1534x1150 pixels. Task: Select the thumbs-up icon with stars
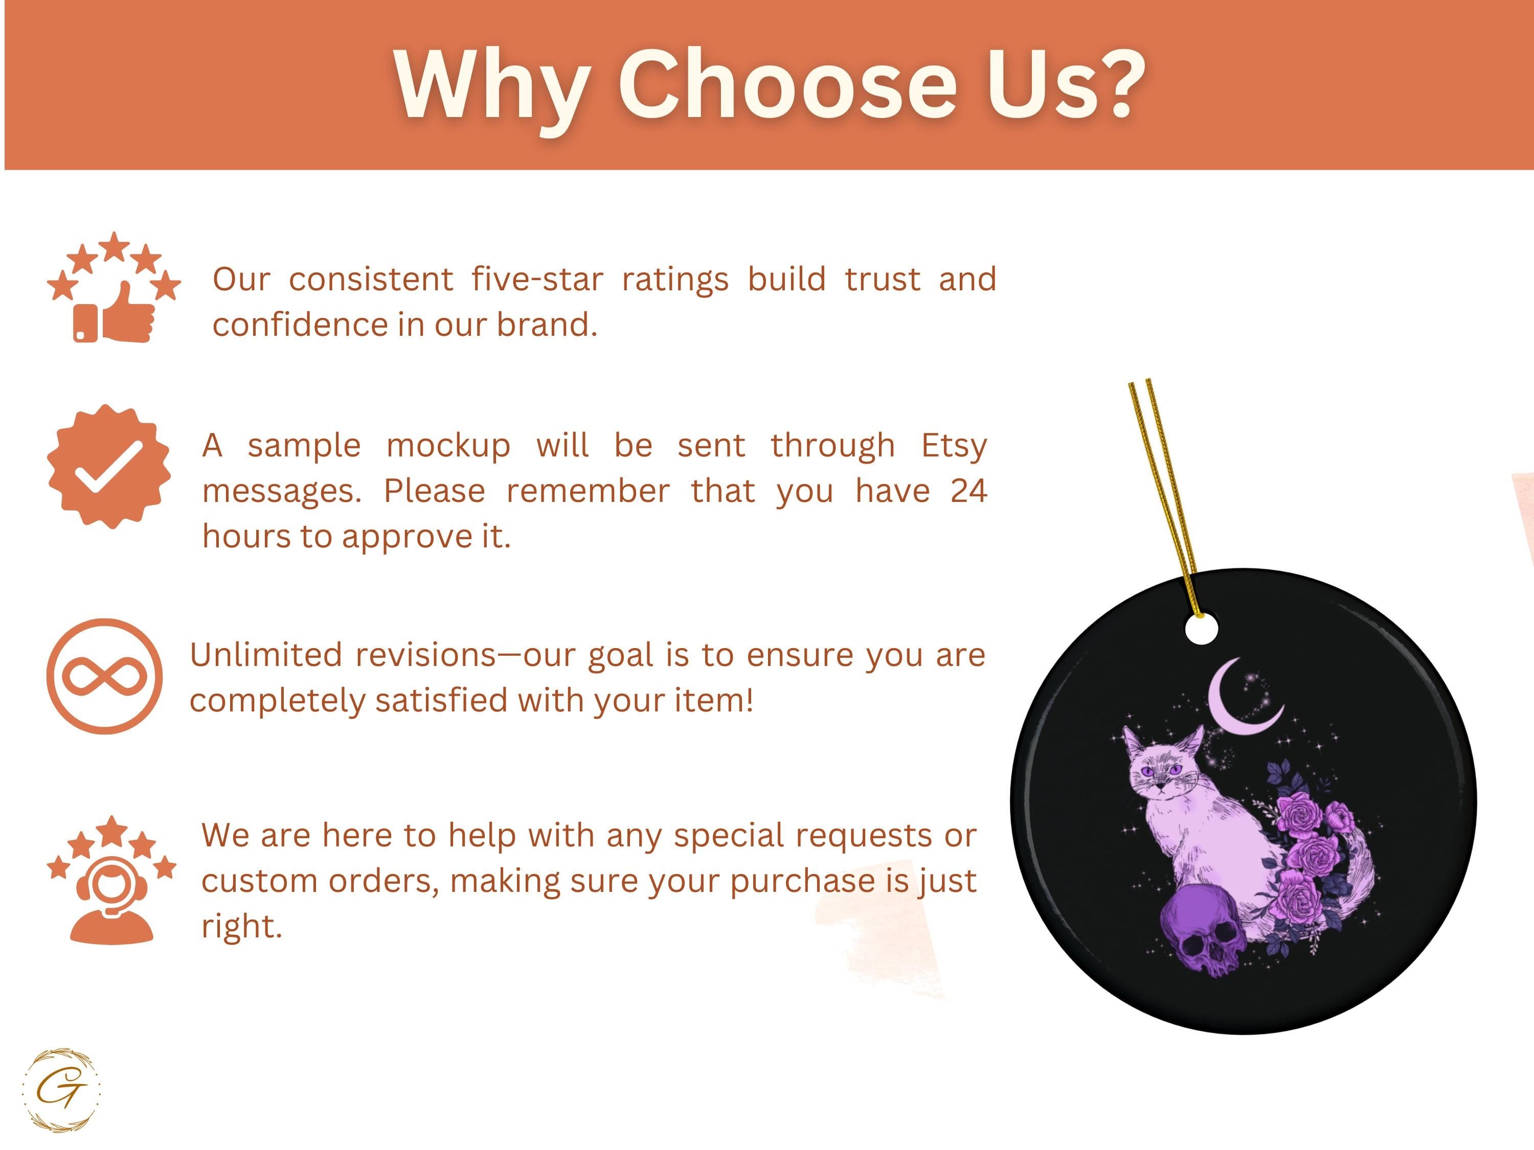point(114,287)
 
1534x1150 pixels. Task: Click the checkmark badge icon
point(109,467)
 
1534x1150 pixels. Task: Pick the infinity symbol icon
point(105,676)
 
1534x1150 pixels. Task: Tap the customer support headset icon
point(111,880)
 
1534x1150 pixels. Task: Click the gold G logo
point(61,1090)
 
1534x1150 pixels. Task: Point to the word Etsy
point(954,446)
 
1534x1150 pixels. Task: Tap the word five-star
point(537,280)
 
